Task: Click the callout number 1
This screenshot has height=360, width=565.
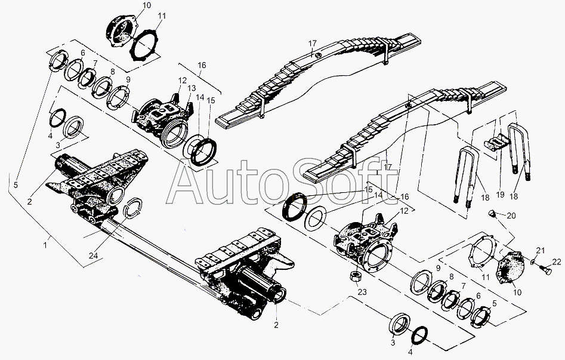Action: coord(45,245)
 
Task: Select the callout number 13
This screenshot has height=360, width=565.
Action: coord(192,88)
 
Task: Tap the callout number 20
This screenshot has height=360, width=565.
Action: coord(511,216)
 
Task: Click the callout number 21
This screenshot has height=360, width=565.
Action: coord(541,250)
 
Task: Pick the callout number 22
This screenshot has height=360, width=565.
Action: coord(557,262)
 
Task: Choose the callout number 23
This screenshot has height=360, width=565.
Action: coord(362,291)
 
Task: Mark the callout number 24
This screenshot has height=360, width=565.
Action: coord(94,256)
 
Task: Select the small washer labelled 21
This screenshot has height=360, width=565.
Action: coord(533,261)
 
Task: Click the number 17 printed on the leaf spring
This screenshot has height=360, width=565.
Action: coord(313,44)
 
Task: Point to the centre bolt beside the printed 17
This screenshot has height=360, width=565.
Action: coord(319,55)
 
